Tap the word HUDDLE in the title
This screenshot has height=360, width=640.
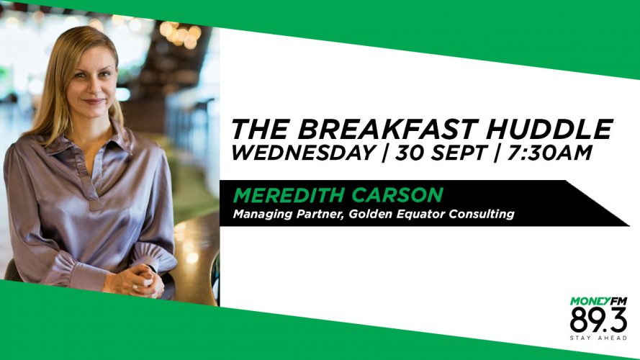tap(549, 130)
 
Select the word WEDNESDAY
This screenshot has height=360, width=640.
tap(304, 153)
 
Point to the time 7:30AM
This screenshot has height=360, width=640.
tap(549, 153)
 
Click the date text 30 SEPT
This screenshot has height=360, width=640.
tap(441, 153)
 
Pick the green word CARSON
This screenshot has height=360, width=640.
tap(397, 195)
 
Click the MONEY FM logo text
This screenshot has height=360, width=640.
tap(598, 301)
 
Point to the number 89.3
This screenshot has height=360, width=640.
tap(598, 320)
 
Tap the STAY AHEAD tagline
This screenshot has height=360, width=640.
tap(598, 338)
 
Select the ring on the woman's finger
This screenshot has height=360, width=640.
tap(135, 287)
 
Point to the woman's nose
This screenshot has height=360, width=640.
tap(92, 86)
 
